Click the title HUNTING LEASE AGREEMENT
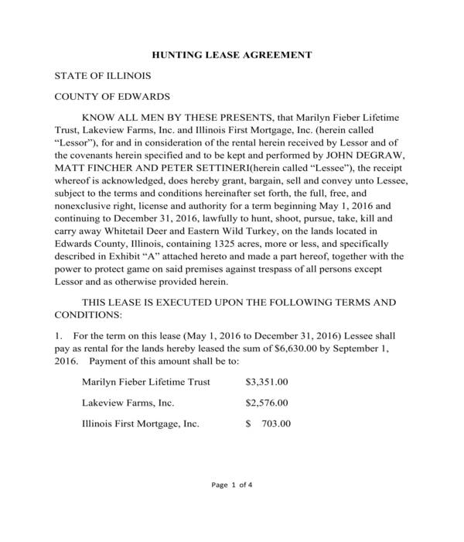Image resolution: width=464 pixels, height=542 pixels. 231,55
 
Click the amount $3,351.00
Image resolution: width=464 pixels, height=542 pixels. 267,382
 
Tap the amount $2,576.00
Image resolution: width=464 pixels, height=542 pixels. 267,403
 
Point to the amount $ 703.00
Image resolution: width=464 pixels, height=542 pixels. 268,424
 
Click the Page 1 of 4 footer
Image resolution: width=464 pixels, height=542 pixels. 232,485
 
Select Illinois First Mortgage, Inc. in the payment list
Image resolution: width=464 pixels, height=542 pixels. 141,424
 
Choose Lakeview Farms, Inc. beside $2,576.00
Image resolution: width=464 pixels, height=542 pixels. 128,403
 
